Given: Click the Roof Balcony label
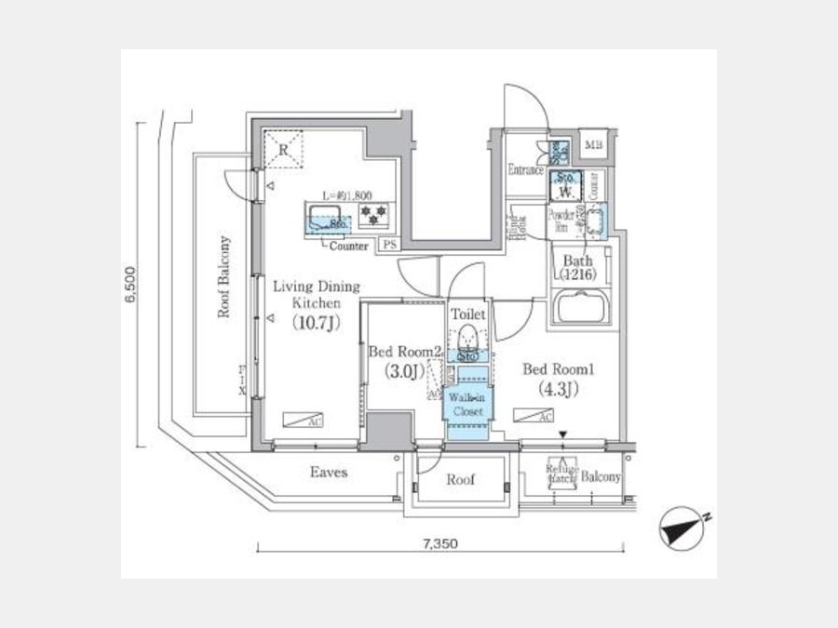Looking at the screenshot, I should (x=224, y=277).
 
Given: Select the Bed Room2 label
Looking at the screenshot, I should (x=403, y=353).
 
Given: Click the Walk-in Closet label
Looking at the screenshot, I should (x=466, y=404).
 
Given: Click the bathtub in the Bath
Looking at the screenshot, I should (x=580, y=307).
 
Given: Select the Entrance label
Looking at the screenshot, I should (x=526, y=169).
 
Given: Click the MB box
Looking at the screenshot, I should (x=593, y=144).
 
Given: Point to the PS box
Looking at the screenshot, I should (x=388, y=246).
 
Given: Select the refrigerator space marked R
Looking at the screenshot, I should (x=283, y=150).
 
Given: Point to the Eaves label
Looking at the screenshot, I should (x=329, y=473).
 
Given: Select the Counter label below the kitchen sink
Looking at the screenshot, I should (x=348, y=246).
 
